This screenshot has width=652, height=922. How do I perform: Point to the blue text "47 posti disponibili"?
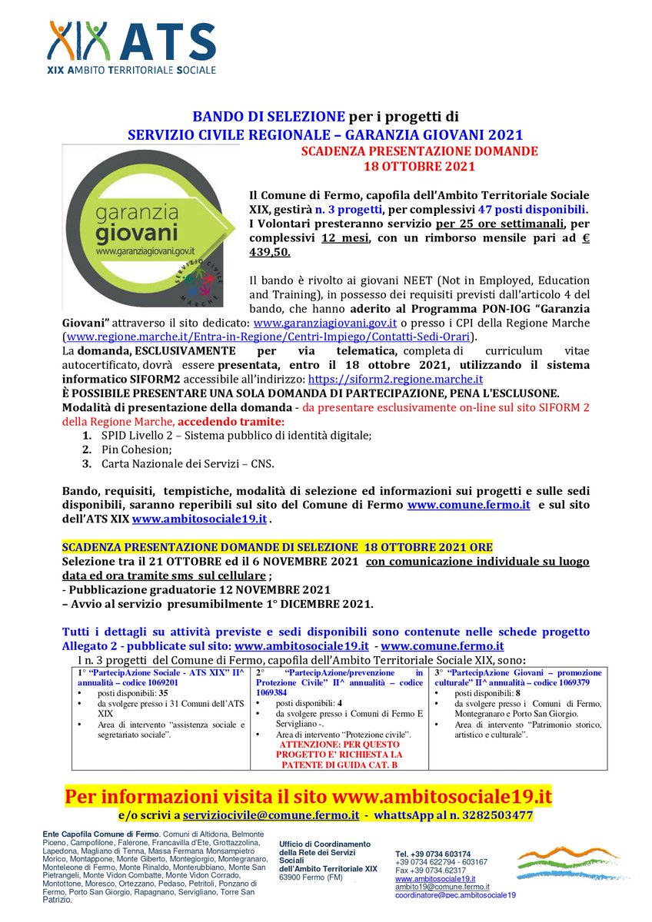[x=540, y=209]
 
